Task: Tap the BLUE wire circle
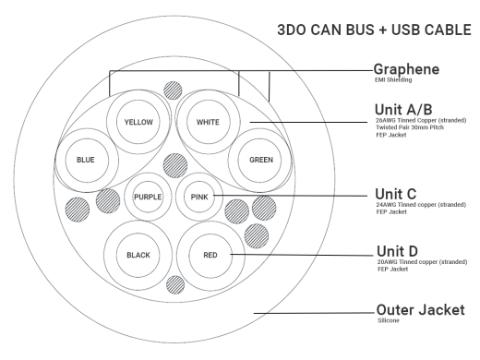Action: click(x=86, y=158)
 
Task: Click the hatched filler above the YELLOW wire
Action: click(x=171, y=90)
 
